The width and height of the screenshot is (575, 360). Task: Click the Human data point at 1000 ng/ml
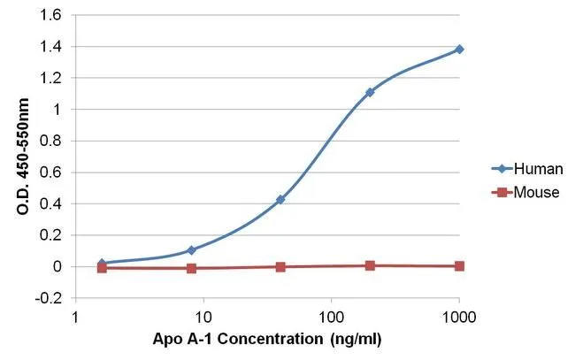tap(459, 50)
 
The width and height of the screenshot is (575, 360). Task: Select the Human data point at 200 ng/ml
tap(370, 92)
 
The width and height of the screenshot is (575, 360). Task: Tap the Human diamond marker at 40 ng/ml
tap(280, 200)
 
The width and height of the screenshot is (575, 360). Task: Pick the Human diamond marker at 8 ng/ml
tap(191, 250)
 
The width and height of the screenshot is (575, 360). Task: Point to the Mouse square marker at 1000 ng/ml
tap(459, 266)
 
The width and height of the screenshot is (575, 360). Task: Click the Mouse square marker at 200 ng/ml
tap(370, 265)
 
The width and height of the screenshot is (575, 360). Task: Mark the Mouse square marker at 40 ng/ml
tap(280, 266)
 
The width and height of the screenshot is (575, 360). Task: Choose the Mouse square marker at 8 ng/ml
tap(191, 268)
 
